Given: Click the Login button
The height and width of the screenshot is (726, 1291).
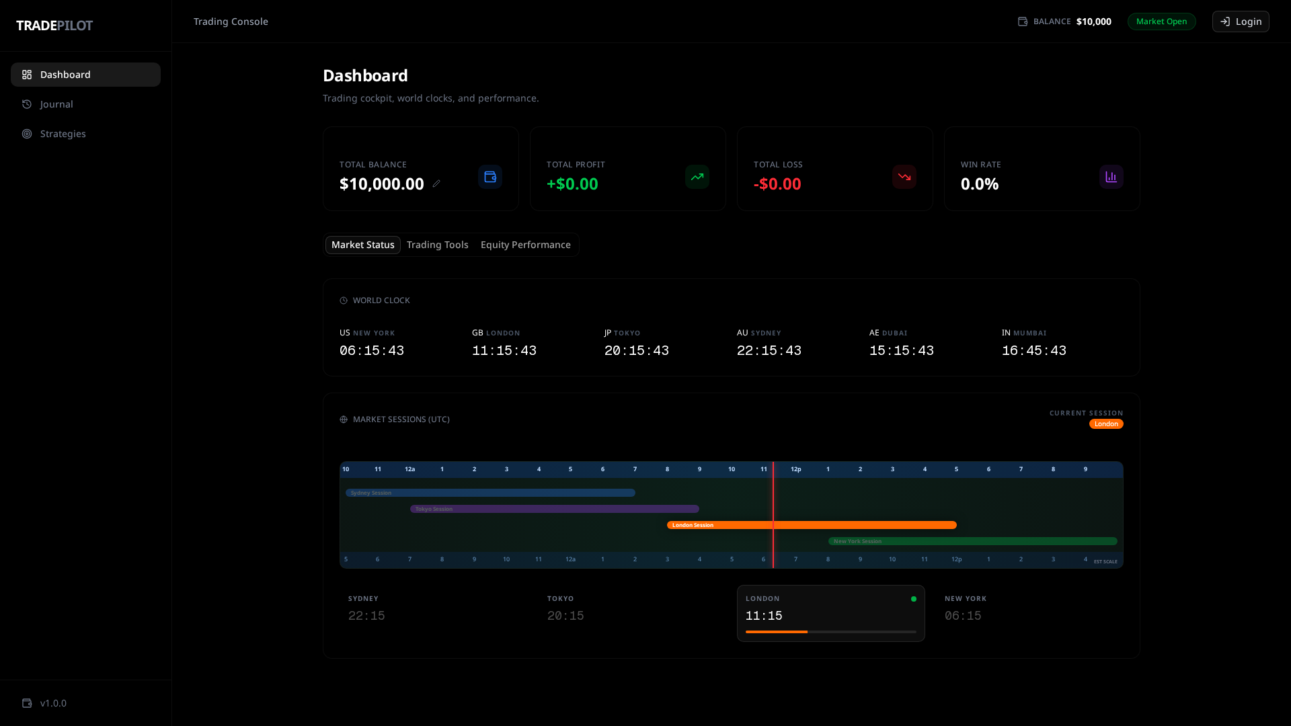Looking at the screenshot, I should [x=1241, y=22].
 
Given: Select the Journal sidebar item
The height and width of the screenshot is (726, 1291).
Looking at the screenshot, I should [x=56, y=104].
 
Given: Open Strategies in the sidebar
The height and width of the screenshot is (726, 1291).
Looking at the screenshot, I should [x=63, y=134].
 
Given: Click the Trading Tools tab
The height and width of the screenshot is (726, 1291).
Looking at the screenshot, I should [x=437, y=245].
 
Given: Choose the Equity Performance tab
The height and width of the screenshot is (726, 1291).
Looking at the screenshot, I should [x=525, y=245].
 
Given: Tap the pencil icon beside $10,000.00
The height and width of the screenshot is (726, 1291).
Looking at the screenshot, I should [x=436, y=184].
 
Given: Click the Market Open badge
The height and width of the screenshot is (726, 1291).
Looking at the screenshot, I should [x=1161, y=22].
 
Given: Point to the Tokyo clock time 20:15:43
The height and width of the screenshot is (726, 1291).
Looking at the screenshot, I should [x=636, y=351].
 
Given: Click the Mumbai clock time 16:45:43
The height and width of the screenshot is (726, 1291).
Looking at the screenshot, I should [x=1033, y=351].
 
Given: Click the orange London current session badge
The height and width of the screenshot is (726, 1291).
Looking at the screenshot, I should [x=1105, y=424].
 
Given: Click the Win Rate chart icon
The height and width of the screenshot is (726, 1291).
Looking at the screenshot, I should [x=1111, y=177].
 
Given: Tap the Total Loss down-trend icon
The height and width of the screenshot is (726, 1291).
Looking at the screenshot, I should [x=904, y=177].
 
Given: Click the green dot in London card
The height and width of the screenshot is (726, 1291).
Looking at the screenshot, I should [x=913, y=599].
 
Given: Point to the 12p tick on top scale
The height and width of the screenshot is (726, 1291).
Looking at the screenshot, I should [x=795, y=469].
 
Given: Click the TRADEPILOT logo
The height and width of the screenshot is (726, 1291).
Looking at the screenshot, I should [x=54, y=26].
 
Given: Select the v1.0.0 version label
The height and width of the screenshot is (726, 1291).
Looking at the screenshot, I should [x=53, y=703].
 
